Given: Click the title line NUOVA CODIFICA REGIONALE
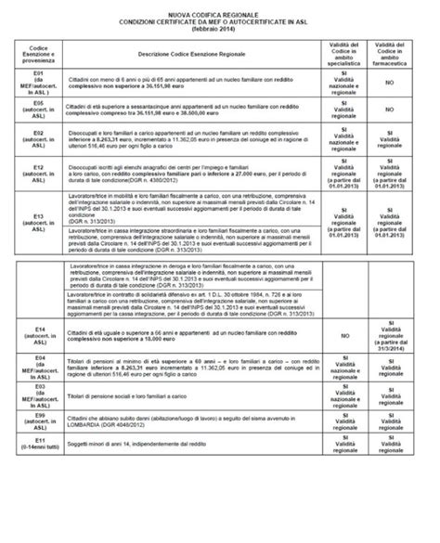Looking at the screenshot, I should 220,15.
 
